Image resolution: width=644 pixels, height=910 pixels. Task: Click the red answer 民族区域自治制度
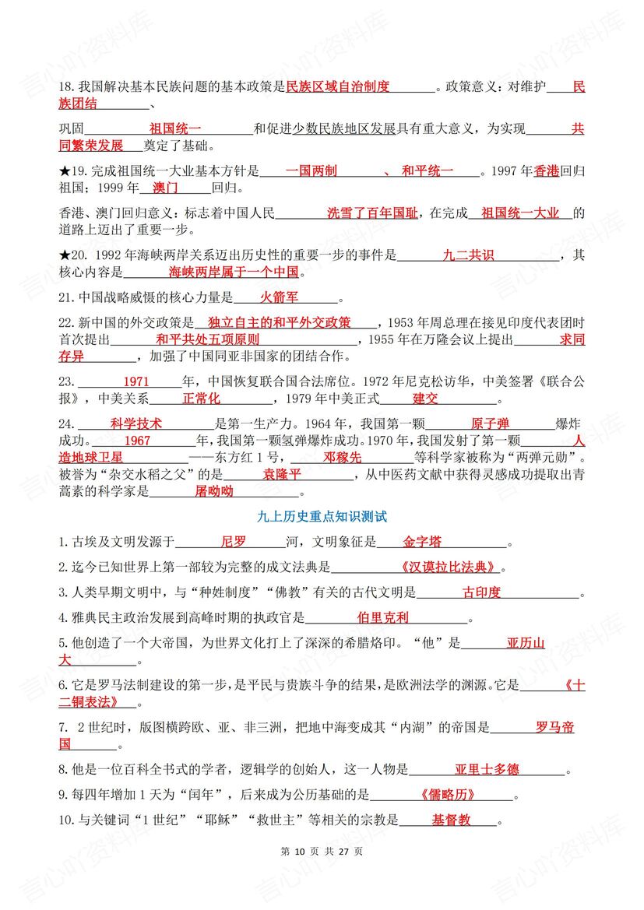tap(338, 86)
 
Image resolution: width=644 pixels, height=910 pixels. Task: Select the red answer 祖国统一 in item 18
tap(175, 128)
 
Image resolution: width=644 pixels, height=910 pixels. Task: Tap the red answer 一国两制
tap(311, 170)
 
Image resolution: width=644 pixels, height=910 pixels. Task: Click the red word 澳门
tap(166, 188)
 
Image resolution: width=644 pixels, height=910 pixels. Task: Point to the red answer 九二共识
tap(468, 255)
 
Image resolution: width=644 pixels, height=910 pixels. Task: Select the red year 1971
tap(135, 381)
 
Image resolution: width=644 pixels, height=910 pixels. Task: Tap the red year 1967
tap(137, 441)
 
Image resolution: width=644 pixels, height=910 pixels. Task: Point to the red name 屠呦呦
tap(214, 491)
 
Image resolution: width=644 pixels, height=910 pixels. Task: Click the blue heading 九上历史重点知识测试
tap(322, 516)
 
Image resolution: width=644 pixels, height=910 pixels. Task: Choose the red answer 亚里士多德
tap(487, 770)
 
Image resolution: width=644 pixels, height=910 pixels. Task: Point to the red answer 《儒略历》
tap(446, 795)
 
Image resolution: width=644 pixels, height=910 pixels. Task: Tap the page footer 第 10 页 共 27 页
tap(321, 852)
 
